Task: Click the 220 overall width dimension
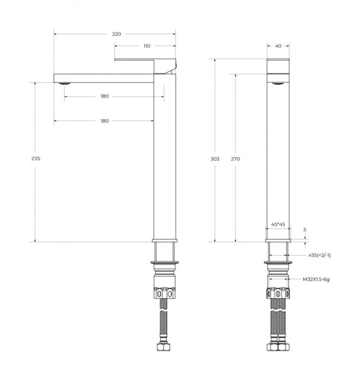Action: click(116, 34)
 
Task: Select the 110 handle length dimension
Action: click(147, 46)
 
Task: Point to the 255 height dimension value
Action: click(36, 159)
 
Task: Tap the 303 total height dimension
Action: click(214, 159)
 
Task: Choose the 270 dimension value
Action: click(235, 159)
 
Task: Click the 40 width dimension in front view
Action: click(278, 46)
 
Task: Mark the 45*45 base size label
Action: click(277, 223)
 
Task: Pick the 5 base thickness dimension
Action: click(305, 230)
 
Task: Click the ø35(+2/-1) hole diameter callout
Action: click(320, 255)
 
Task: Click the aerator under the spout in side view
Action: click(64, 83)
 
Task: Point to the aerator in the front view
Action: click(277, 83)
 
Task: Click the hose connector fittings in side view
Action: click(165, 293)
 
